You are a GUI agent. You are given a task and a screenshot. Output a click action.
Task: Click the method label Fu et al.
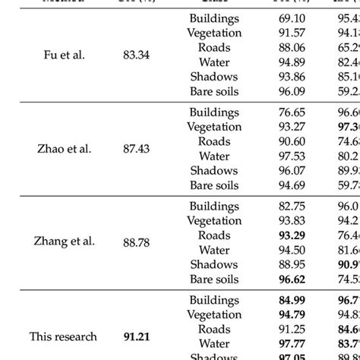coord(63,55)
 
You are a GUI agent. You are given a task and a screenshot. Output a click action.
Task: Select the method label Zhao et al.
coord(64,149)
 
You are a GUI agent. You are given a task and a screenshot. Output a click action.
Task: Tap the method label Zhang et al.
coord(64,242)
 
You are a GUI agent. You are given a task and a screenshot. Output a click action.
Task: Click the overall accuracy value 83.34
coord(137,55)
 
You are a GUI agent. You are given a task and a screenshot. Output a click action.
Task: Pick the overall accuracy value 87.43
coord(137,149)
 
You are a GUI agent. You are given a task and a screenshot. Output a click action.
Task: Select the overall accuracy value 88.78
coord(137,242)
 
